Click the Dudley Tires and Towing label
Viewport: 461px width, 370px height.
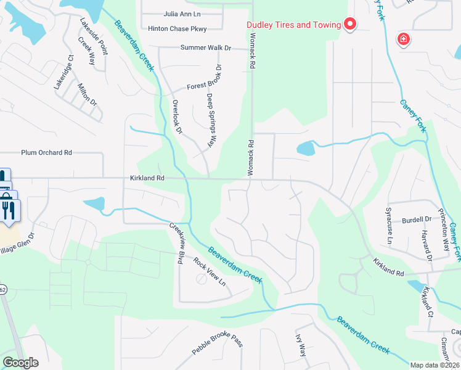(293, 25)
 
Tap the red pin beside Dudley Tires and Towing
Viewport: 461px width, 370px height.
(350, 25)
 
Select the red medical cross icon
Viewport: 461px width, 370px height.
(404, 40)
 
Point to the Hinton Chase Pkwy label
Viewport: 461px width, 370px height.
(177, 28)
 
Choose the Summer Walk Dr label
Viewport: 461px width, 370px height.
(206, 47)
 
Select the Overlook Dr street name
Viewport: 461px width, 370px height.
(177, 117)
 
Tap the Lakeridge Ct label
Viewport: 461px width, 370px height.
(63, 73)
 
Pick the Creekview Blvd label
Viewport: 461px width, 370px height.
(176, 243)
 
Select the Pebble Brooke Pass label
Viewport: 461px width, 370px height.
(218, 343)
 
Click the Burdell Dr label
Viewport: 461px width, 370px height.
(416, 220)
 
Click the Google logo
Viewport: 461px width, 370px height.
(20, 363)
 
